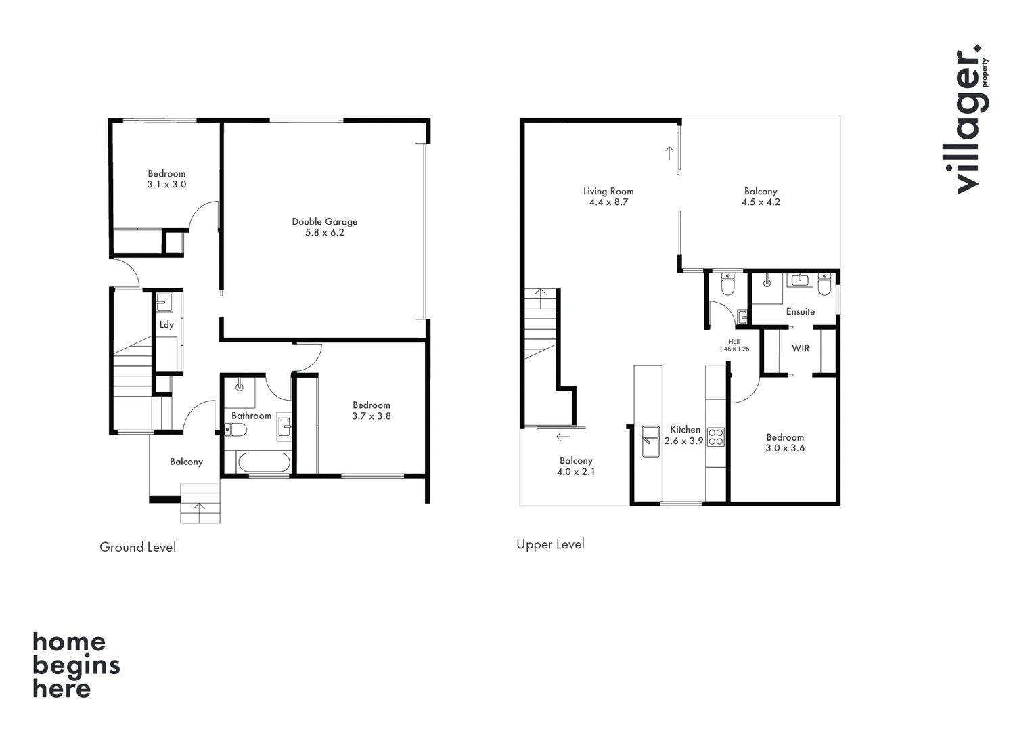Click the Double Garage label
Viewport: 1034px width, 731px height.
tap(324, 221)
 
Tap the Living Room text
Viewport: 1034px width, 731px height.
tap(608, 191)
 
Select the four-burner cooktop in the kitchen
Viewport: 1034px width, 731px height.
tap(715, 437)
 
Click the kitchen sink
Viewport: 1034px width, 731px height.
tap(650, 441)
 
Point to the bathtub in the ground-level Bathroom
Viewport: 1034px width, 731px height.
tap(264, 464)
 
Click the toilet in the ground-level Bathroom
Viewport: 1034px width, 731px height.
tap(235, 429)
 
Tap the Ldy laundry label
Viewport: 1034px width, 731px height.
tap(166, 324)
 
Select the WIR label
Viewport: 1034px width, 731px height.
tap(801, 348)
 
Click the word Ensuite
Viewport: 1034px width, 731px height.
tap(801, 311)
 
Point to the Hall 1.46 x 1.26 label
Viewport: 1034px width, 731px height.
tap(734, 345)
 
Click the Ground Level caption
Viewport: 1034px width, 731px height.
tap(137, 547)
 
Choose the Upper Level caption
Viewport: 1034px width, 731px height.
tap(550, 544)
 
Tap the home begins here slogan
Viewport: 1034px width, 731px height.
tap(76, 665)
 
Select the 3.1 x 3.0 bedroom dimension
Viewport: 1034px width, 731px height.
tap(166, 184)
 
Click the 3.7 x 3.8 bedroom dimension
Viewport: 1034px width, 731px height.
tap(371, 416)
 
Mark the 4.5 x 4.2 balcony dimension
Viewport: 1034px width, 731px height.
tap(761, 202)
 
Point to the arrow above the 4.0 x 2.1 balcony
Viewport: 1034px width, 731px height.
tap(563, 437)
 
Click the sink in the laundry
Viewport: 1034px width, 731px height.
tap(164, 301)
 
